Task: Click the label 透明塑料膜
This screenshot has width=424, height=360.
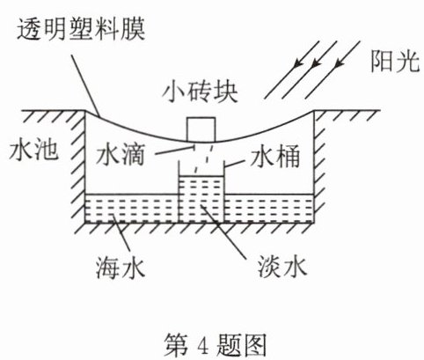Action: [x=81, y=29]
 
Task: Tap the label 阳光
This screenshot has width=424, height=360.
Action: [x=395, y=62]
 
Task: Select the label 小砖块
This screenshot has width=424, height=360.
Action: [x=201, y=92]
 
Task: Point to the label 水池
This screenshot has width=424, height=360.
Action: [x=33, y=150]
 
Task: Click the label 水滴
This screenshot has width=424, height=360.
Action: [x=121, y=155]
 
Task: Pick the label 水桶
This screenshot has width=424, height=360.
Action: [x=275, y=157]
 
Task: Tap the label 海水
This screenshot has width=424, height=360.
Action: [x=121, y=268]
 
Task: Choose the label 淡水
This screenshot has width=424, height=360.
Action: [x=282, y=267]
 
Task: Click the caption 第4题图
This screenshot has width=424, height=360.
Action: [x=215, y=344]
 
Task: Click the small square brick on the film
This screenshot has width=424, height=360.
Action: [x=201, y=129]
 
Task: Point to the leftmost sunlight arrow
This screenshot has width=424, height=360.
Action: [x=292, y=70]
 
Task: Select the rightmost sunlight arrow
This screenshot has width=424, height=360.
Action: [x=333, y=70]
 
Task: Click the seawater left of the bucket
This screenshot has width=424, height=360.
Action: [x=132, y=208]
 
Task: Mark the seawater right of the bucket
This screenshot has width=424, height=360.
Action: [x=269, y=208]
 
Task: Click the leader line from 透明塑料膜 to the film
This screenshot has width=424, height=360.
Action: [x=85, y=85]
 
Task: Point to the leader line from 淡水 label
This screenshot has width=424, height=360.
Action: [x=223, y=231]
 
